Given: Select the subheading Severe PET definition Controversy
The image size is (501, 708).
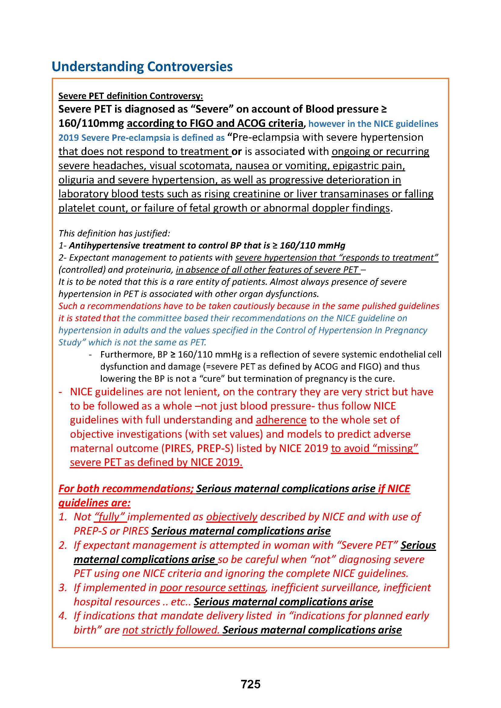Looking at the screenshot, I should coord(131,96).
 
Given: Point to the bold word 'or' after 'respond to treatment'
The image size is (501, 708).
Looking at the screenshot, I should coord(236,151).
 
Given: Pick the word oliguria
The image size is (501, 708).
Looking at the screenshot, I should coord(76,180).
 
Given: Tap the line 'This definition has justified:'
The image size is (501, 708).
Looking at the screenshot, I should coord(114,233).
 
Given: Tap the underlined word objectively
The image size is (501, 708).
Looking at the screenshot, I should coord(232,517).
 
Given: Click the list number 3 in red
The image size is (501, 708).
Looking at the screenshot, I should coord(63,588).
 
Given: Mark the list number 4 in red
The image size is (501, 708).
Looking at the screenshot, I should coord(63,616).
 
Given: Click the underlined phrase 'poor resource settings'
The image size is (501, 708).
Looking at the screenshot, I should coord(213,588).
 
